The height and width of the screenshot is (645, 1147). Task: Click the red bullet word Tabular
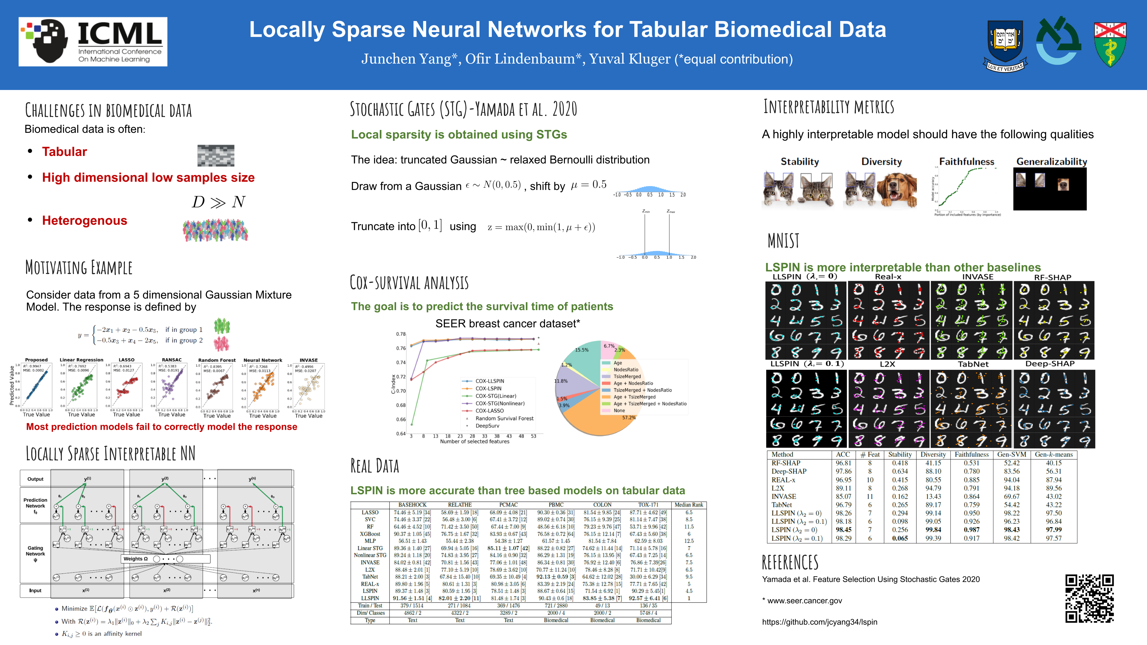[65, 152]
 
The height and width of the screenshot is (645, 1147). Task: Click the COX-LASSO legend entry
[489, 411]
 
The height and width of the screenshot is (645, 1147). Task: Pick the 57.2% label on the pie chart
[629, 417]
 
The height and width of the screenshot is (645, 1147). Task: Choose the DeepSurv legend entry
[487, 426]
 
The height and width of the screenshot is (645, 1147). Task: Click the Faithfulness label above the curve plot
[966, 161]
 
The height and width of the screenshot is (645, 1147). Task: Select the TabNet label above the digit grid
[973, 364]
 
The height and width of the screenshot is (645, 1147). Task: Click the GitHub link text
[819, 622]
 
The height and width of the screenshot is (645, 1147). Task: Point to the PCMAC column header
[508, 505]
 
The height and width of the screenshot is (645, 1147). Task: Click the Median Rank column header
[688, 505]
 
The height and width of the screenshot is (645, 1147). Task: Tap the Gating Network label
[35, 551]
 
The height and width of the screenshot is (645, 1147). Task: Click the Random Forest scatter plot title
[217, 360]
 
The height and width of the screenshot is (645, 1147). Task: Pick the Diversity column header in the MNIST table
[933, 454]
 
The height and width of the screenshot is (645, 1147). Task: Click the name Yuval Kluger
[630, 59]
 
